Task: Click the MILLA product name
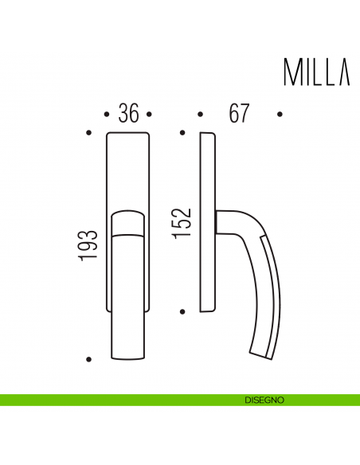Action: (x=315, y=72)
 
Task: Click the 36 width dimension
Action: (x=128, y=114)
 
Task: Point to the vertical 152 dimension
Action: (x=182, y=223)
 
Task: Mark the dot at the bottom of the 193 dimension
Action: (x=88, y=358)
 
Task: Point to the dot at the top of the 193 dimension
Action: (x=88, y=132)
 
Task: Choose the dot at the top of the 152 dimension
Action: (x=182, y=132)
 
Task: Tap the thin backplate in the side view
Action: (x=206, y=223)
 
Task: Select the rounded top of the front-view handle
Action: (x=128, y=215)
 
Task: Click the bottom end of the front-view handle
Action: (x=128, y=354)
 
